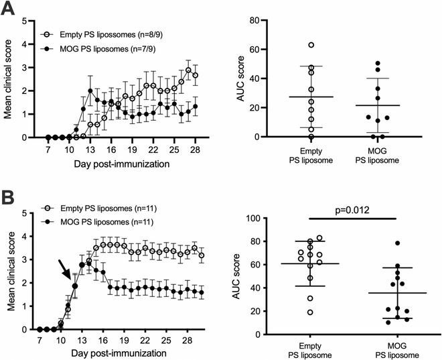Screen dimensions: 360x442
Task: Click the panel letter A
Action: [9, 10]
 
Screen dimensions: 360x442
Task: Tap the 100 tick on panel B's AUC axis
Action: [260, 218]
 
